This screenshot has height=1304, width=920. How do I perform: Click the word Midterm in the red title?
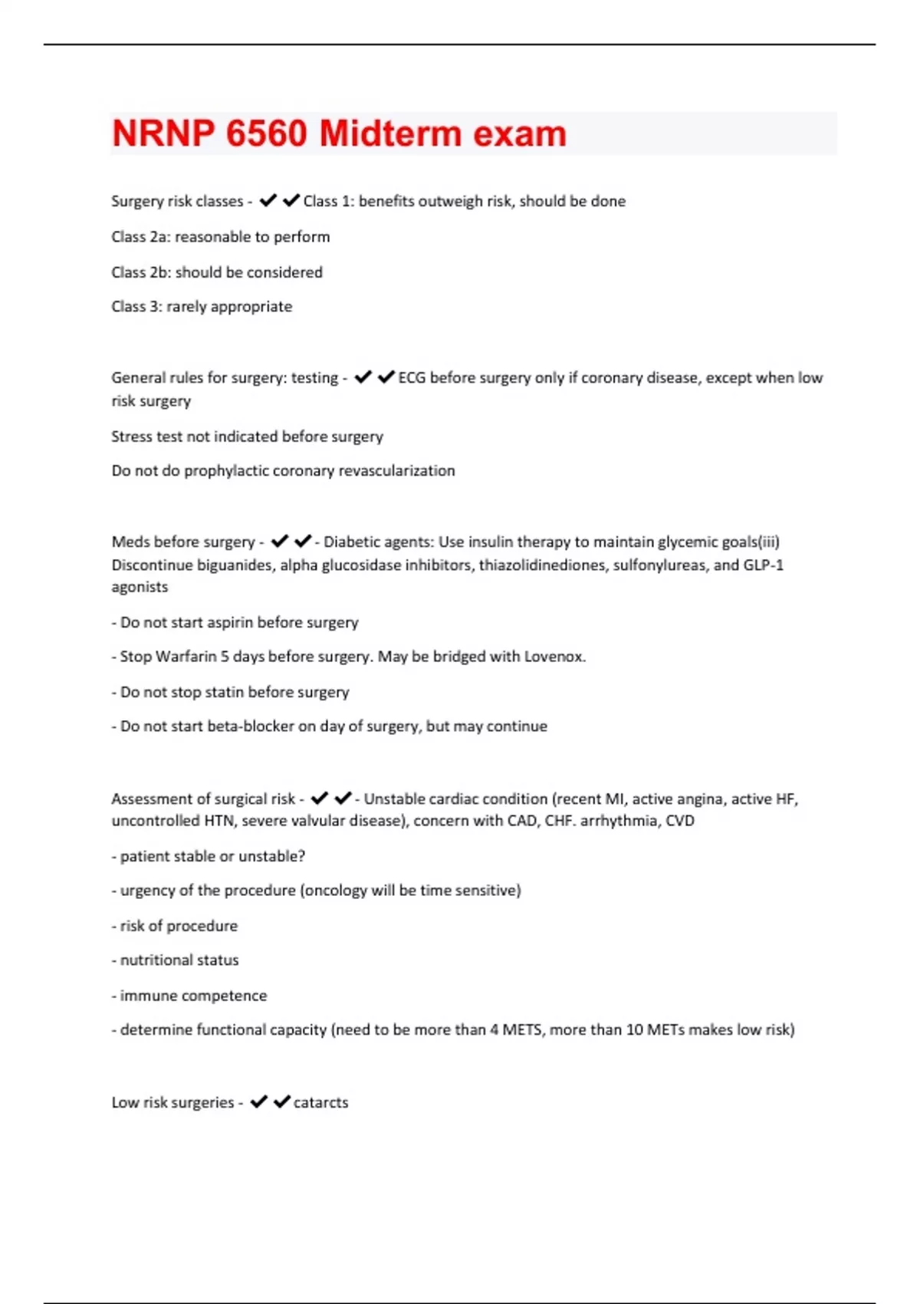pos(390,134)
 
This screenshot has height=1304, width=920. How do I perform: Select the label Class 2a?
pos(140,237)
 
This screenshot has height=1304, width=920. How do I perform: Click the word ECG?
pos(412,377)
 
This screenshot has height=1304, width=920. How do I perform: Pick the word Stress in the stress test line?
pos(130,436)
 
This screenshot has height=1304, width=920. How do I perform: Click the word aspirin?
pos(212,622)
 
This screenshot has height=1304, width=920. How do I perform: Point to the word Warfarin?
pos(186,657)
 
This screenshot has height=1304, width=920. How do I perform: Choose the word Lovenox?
pos(554,657)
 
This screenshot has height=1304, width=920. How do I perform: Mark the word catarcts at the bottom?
pos(320,1102)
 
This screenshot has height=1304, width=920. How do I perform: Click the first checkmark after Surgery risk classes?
pos(268,201)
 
